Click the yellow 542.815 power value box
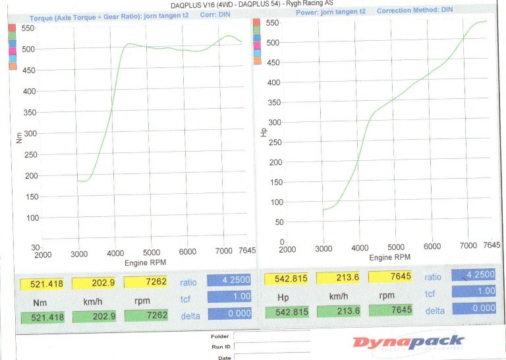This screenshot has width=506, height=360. coord(287,279)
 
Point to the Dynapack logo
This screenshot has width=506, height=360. coord(408,342)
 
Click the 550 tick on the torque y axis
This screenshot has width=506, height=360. coord(29,28)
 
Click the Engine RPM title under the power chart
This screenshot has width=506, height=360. coord(389,256)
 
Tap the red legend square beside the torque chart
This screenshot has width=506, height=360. coord(12,28)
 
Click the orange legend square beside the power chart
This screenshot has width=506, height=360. coord(257,61)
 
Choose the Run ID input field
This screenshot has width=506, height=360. coord(271,346)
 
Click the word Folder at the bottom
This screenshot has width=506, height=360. coord(220,336)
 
